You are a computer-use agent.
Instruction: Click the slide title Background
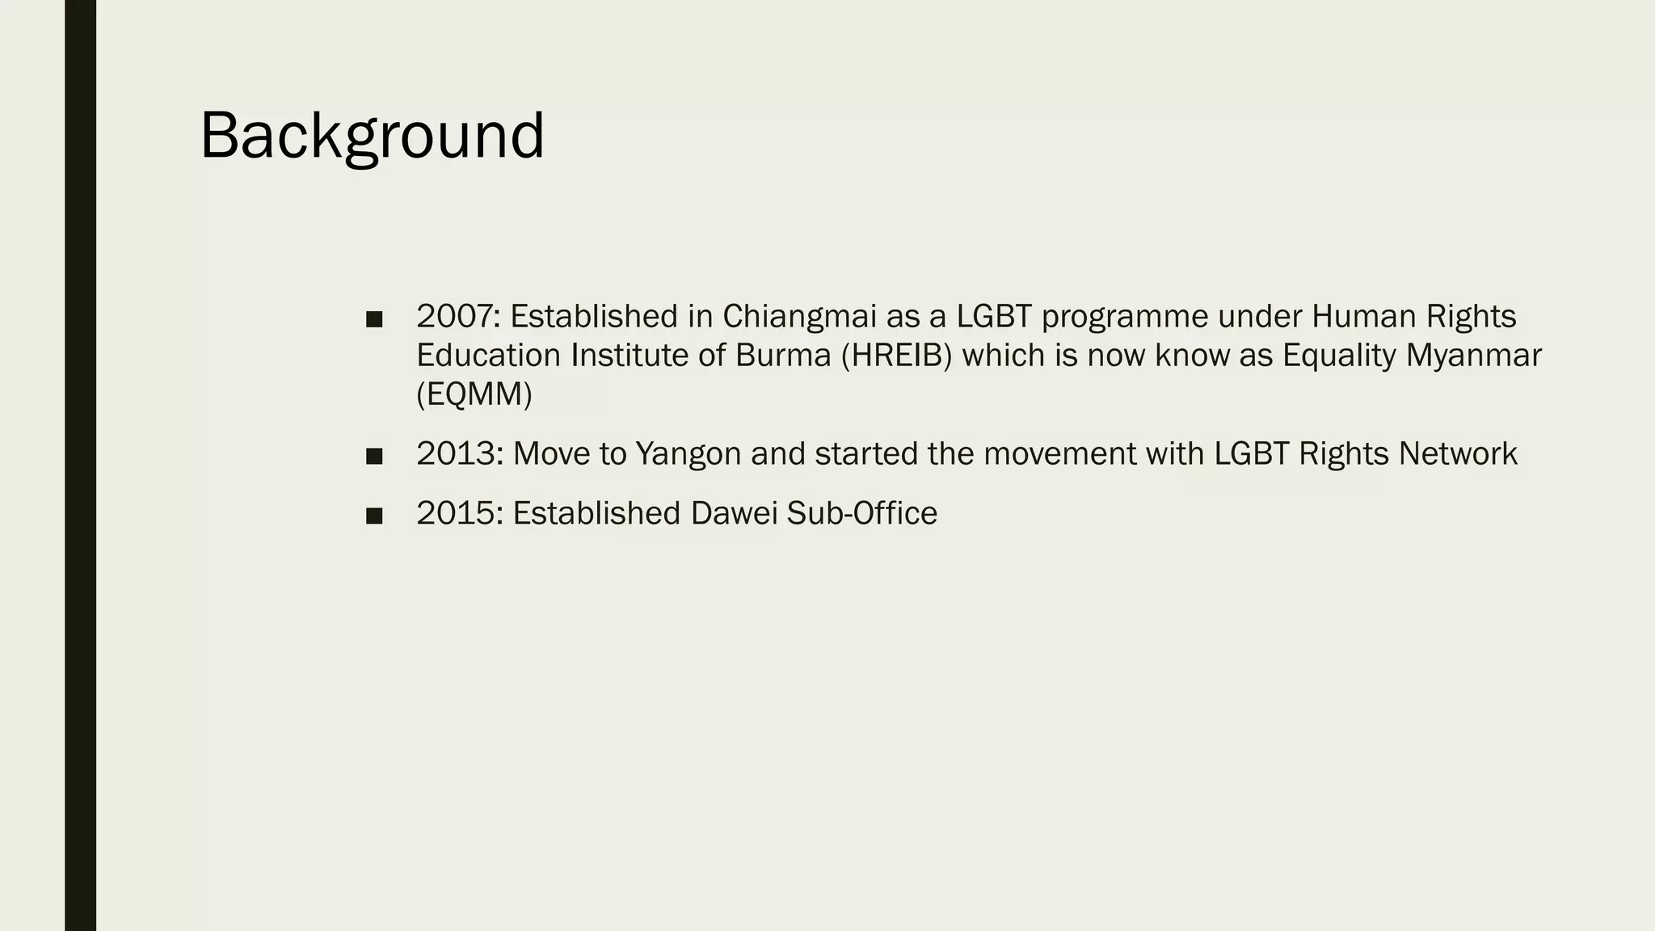click(x=372, y=136)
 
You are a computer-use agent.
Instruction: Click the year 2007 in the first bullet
click(x=457, y=317)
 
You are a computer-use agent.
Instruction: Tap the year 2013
click(x=458, y=454)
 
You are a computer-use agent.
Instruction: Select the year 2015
click(x=458, y=514)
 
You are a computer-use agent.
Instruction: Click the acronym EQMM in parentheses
click(x=474, y=395)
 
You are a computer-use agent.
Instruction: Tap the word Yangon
click(x=688, y=454)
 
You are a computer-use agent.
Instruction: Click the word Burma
click(x=783, y=356)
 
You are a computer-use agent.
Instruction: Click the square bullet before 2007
click(x=373, y=319)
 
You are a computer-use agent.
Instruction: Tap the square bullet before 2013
click(x=373, y=457)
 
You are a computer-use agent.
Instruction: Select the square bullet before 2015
click(x=373, y=516)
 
